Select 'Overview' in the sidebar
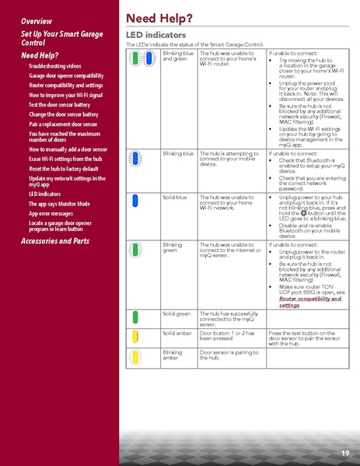(x=37, y=19)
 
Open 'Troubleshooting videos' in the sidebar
(x=54, y=66)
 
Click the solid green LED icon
(x=137, y=317)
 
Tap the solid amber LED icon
(x=137, y=336)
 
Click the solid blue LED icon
(x=137, y=205)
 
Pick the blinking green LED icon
(x=137, y=251)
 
